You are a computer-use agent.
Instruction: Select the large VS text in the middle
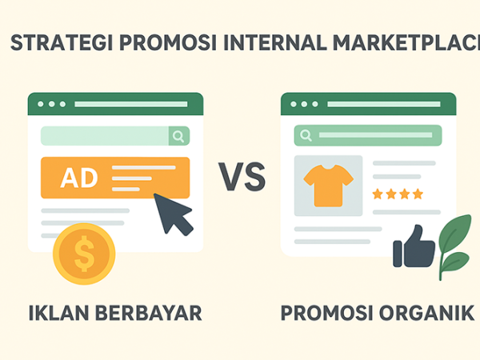[x=242, y=177]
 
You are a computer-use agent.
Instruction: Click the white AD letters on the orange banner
[x=79, y=178]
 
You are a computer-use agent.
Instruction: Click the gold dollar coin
[x=84, y=254]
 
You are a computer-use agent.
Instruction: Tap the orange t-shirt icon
[x=329, y=186]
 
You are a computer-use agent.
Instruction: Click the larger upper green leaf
[x=454, y=234]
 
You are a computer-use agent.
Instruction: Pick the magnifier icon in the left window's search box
[x=178, y=136]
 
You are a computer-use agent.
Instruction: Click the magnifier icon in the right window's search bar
[x=306, y=135]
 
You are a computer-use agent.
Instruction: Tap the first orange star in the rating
[x=378, y=194]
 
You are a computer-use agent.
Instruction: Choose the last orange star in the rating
[x=418, y=194]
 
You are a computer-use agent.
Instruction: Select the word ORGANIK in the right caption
[x=426, y=313]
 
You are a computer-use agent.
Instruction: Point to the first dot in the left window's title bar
[x=41, y=104]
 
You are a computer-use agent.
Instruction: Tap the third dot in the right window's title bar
[x=315, y=104]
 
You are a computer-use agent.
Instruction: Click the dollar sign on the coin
[x=84, y=254]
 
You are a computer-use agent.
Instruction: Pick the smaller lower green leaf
[x=455, y=262]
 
